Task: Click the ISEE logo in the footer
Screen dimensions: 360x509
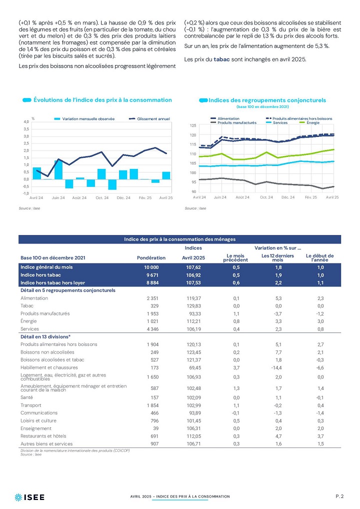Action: pyautogui.click(x=29, y=497)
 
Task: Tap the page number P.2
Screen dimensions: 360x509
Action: pyautogui.click(x=339, y=496)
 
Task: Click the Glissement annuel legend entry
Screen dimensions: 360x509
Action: pyautogui.click(x=149, y=119)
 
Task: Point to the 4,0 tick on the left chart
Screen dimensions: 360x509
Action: pyautogui.click(x=26, y=121)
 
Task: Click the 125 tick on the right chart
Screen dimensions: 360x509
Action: pyautogui.click(x=193, y=125)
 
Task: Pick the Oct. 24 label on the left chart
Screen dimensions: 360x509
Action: pyautogui.click(x=102, y=197)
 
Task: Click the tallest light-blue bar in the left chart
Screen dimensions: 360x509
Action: pyautogui.click(x=58, y=170)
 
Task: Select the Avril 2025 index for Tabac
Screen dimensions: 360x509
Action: pyautogui.click(x=194, y=306)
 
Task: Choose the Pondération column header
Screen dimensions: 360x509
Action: pyautogui.click(x=151, y=257)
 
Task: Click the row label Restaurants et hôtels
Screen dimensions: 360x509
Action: pyautogui.click(x=43, y=436)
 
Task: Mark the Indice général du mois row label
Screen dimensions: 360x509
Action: pyautogui.click(x=46, y=267)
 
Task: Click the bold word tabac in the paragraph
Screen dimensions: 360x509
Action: pyautogui.click(x=221, y=59)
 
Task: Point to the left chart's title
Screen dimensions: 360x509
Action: pyautogui.click(x=102, y=100)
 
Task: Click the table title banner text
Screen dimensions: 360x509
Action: pyautogui.click(x=180, y=239)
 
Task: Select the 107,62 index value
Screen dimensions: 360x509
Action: pyautogui.click(x=194, y=267)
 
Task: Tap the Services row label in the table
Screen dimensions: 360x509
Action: pyautogui.click(x=29, y=329)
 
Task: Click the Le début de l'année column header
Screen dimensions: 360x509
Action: pyautogui.click(x=319, y=257)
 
